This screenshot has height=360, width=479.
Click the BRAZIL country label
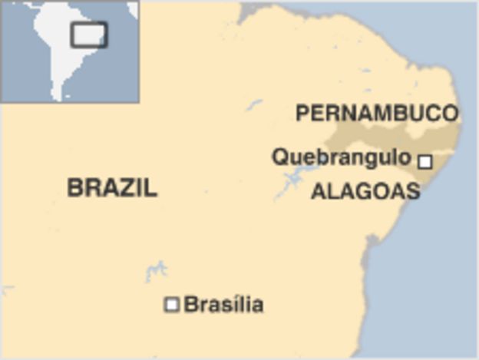112,187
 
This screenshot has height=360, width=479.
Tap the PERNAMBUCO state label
377,114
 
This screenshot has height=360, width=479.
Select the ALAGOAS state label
365,191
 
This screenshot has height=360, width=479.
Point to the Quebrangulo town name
342,157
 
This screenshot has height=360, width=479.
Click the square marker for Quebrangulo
424,161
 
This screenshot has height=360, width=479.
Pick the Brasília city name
224,305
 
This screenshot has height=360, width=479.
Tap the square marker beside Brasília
172,305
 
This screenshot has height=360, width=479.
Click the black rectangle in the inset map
89,35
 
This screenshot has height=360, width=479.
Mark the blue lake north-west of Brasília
157,270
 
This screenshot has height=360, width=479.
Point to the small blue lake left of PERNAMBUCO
254,105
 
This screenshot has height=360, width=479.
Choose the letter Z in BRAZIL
127,187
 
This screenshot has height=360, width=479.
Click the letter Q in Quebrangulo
280,157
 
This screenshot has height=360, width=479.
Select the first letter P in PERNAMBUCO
302,114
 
